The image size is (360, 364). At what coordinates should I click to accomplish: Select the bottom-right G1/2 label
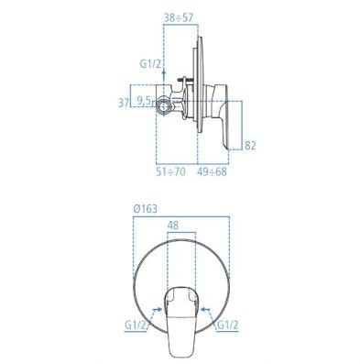(226, 325)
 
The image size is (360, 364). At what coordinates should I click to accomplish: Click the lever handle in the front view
(181, 316)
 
